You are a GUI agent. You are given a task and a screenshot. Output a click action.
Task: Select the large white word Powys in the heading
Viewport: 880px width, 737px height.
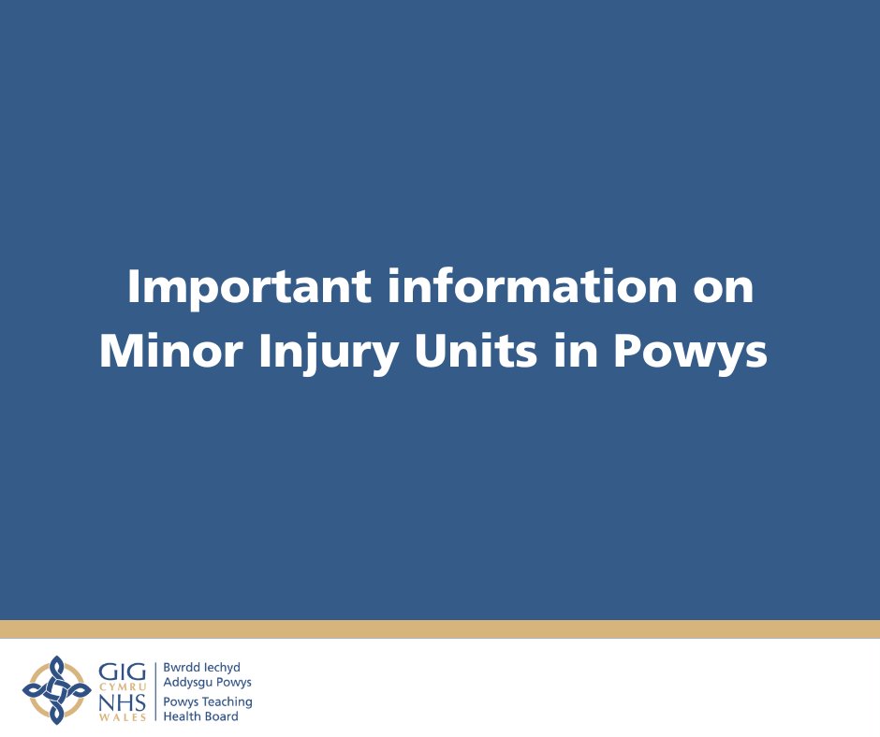[690, 354]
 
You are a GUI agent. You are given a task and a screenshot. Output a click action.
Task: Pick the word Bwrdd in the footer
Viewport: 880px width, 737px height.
[182, 668]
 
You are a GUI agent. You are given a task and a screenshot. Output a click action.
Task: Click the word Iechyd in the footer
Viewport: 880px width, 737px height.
[222, 668]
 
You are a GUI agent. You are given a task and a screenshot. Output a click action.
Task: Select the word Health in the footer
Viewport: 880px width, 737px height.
[181, 716]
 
